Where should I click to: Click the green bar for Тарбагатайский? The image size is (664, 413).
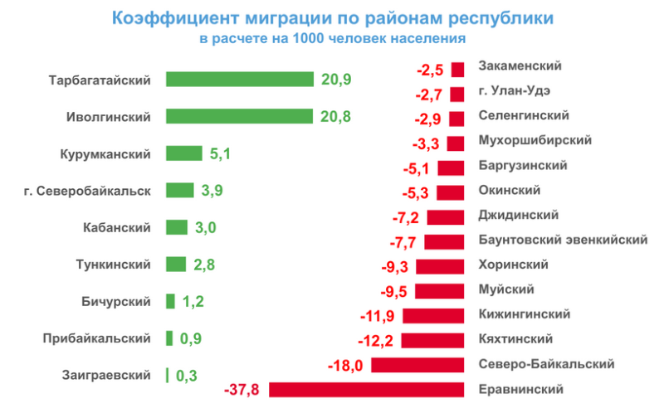click(240, 80)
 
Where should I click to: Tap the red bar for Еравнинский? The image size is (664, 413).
click(366, 390)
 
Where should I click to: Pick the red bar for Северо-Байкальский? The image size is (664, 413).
click(417, 365)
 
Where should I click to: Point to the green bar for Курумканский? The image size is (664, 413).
click(184, 153)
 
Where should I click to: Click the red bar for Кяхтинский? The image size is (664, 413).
click(432, 340)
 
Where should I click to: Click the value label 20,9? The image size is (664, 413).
click(336, 80)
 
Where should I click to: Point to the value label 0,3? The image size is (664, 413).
click(187, 375)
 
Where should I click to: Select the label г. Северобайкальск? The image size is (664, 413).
click(88, 191)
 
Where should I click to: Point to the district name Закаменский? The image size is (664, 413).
click(520, 66)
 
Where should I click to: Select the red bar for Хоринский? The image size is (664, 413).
click(439, 266)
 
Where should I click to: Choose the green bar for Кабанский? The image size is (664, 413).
click(177, 227)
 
